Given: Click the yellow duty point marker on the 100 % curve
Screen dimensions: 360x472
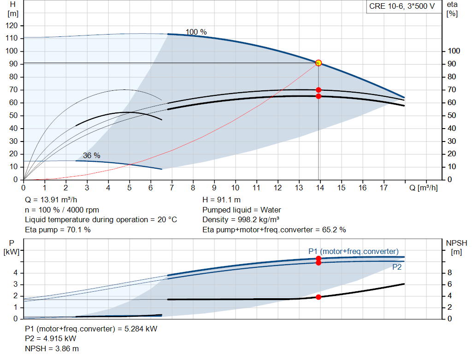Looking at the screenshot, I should click(318, 63).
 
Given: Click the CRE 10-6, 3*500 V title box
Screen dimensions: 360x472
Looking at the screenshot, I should click(402, 7).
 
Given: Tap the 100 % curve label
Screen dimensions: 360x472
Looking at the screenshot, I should click(196, 32).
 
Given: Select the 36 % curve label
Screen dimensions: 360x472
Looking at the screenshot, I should click(91, 155).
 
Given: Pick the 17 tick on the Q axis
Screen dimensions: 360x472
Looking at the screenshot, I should click(383, 188).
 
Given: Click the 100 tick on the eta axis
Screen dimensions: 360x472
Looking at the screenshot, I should click(454, 51).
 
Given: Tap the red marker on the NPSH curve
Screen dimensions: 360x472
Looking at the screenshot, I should click(319, 297).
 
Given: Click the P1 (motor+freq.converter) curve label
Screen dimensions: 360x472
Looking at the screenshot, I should click(353, 251).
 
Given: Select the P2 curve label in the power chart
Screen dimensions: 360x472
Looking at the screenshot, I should click(397, 267).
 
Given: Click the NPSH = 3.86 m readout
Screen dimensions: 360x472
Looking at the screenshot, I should click(48, 348).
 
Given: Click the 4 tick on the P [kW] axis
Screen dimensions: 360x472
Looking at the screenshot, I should click(15, 273).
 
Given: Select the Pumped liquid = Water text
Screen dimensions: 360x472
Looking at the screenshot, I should click(242, 210).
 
